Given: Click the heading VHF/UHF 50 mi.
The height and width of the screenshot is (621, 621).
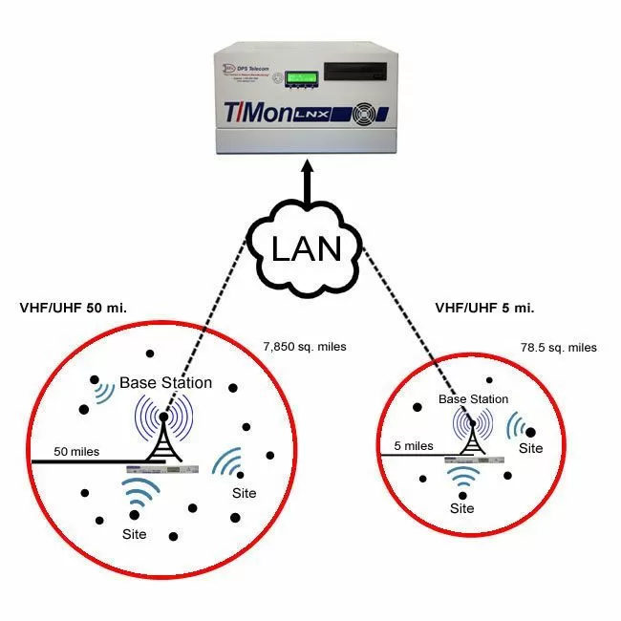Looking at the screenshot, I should tap(74, 309).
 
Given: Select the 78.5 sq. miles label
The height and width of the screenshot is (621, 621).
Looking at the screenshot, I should tap(558, 347).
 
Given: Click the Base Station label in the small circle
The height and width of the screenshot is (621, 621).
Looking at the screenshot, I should tap(473, 399).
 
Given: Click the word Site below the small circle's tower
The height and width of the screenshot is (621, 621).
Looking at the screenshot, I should tap(462, 508).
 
